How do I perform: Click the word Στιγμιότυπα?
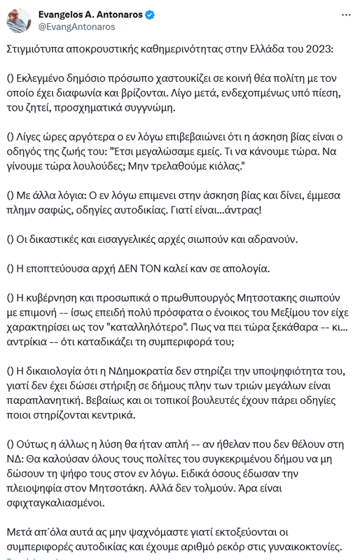[37, 50]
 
